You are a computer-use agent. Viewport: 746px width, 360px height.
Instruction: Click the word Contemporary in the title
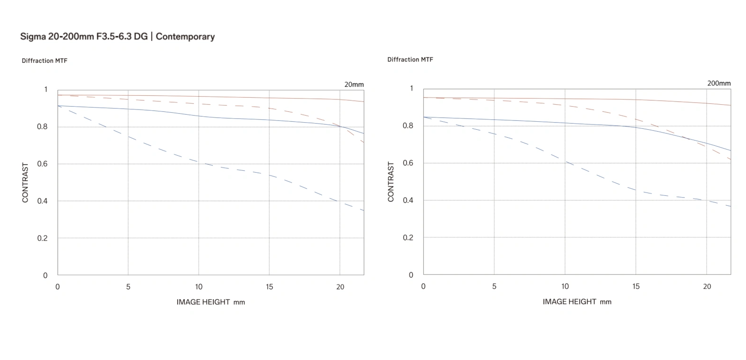click(x=185, y=37)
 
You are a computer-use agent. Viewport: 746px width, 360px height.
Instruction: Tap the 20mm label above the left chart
click(x=354, y=84)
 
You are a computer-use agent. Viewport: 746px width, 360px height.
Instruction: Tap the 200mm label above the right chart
click(x=719, y=83)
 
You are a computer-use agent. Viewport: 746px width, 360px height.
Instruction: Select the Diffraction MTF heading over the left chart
click(x=44, y=60)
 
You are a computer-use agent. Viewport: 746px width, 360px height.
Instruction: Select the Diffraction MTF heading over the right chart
click(x=410, y=59)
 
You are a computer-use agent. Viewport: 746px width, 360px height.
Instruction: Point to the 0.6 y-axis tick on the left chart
click(x=42, y=164)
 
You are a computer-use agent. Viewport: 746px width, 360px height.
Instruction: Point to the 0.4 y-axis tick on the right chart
click(x=408, y=200)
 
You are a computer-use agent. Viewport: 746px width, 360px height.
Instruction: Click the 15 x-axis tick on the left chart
click(x=269, y=287)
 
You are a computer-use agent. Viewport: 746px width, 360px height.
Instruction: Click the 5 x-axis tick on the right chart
click(x=494, y=286)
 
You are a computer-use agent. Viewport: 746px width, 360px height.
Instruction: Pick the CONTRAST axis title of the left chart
click(x=25, y=183)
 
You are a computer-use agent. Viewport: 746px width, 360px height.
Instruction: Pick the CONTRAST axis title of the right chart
click(x=391, y=182)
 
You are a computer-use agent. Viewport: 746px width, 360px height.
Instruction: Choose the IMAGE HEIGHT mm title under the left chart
click(x=210, y=302)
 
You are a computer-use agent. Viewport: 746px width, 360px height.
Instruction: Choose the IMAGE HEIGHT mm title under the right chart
click(x=577, y=301)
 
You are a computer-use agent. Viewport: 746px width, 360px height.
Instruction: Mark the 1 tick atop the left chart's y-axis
click(x=46, y=89)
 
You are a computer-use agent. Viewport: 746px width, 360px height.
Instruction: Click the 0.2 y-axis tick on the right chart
click(x=408, y=237)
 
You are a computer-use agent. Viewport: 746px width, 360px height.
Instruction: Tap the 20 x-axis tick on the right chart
click(x=707, y=286)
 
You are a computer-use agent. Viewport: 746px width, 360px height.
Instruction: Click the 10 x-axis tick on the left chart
click(x=199, y=287)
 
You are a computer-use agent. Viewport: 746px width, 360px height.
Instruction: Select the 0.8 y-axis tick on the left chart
click(x=42, y=126)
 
